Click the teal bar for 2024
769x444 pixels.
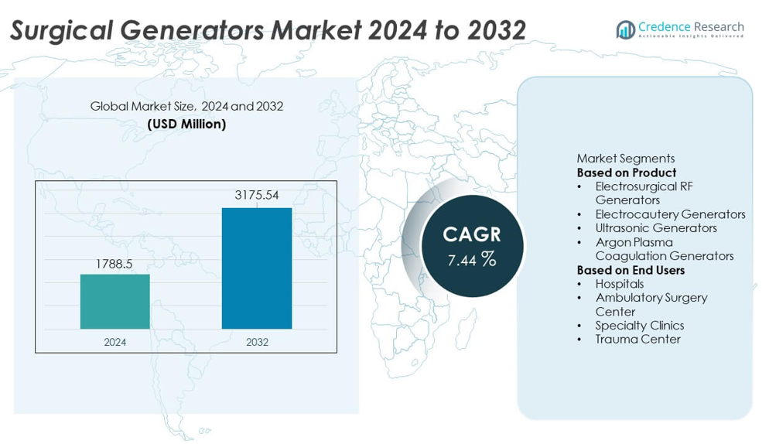click(x=115, y=301)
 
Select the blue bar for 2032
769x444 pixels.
click(x=257, y=268)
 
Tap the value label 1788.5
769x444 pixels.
click(x=114, y=264)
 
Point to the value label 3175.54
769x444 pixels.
click(x=257, y=196)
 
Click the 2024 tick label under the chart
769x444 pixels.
click(x=115, y=342)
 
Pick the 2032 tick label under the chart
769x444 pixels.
click(x=257, y=342)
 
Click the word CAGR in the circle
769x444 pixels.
click(x=472, y=234)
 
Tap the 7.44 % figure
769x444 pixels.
click(x=472, y=260)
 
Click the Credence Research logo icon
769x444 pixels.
click(x=625, y=30)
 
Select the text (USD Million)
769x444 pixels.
click(x=186, y=124)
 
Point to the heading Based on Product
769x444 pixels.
click(x=627, y=172)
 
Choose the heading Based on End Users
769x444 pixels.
click(x=631, y=270)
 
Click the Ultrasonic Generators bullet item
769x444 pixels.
click(x=656, y=228)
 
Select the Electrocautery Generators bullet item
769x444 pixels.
click(x=670, y=214)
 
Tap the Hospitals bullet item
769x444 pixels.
click(x=619, y=284)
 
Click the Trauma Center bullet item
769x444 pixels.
click(x=637, y=340)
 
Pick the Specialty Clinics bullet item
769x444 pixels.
click(x=639, y=326)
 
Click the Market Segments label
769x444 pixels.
click(x=625, y=159)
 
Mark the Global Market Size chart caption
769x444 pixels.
click(x=186, y=106)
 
